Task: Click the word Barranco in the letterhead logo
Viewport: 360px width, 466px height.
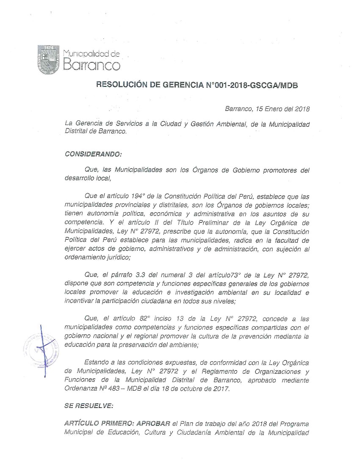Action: [91, 65]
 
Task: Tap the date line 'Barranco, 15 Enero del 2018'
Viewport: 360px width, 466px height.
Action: [267, 108]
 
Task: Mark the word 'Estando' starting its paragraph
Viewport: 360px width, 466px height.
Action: [96, 363]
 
